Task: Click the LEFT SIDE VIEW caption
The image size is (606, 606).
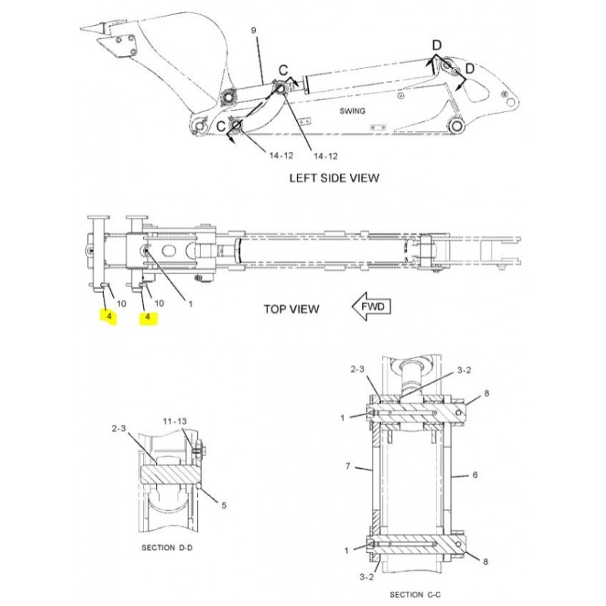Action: pos(334,178)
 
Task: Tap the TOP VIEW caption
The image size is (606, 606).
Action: pos(292,309)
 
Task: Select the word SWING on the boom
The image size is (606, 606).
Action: pos(352,111)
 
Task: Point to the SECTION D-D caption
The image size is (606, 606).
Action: pos(167,547)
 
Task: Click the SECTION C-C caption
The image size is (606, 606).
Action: pos(414,595)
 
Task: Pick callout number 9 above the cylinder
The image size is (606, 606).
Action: pos(254,30)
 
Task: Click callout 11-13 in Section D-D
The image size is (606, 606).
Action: pos(174,421)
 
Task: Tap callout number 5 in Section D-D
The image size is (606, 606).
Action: pos(223,504)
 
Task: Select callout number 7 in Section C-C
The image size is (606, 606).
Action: pos(348,466)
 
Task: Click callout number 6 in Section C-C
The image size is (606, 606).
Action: pos(475,475)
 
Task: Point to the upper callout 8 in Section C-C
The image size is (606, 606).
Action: pos(486,393)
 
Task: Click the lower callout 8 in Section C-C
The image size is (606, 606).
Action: pos(486,561)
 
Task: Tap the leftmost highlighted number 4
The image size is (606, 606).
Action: pos(109,317)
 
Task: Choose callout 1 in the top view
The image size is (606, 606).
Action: pos(190,305)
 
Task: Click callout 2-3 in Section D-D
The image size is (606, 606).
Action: pos(119,428)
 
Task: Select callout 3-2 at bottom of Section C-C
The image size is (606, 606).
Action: pos(367,577)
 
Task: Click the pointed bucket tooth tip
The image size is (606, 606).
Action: pos(81,29)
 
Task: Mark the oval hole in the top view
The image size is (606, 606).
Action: pos(169,251)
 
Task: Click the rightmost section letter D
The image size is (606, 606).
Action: pos(469,69)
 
